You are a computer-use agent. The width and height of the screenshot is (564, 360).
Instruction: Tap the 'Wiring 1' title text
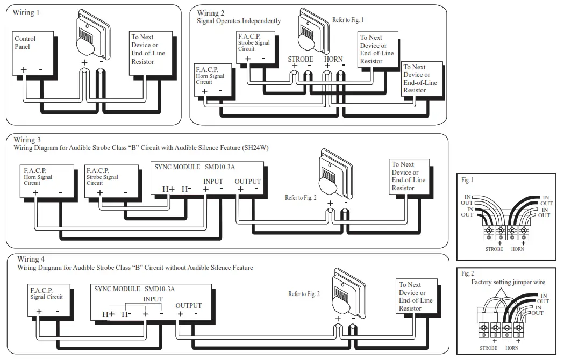(x=26, y=12)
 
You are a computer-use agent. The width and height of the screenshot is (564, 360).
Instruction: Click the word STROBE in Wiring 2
(x=300, y=59)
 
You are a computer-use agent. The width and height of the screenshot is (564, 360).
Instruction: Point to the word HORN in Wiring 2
(x=333, y=59)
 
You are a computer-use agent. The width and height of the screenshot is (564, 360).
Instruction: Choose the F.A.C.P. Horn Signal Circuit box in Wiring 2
(x=213, y=80)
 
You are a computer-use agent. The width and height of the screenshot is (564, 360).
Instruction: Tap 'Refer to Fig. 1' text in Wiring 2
(x=348, y=20)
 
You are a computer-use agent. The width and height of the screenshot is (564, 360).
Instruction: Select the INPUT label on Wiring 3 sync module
(x=213, y=182)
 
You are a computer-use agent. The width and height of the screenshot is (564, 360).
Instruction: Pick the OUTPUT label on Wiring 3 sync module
(x=247, y=182)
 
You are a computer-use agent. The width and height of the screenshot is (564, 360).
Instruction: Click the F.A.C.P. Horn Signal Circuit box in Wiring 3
(x=45, y=181)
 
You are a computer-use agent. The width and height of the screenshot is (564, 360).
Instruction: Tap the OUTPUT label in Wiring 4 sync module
(x=188, y=306)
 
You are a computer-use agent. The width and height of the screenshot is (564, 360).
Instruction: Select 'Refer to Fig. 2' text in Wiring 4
(x=304, y=294)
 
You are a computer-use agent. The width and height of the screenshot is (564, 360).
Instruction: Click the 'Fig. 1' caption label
(x=467, y=181)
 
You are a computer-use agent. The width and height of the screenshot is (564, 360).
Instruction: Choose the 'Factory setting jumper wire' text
(x=508, y=282)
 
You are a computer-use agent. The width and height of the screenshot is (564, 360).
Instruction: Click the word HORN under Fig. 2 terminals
(x=512, y=348)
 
